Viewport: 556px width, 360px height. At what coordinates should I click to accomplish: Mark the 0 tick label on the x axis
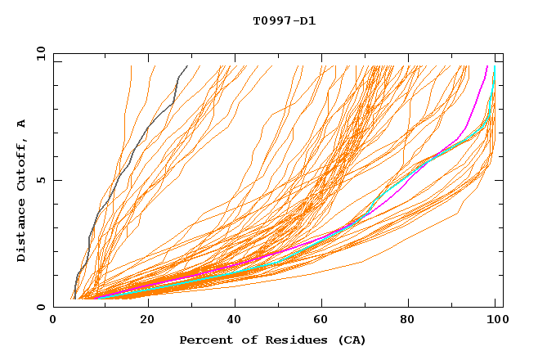tap(54, 320)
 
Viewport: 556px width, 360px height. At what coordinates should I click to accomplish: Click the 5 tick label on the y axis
tap(39, 180)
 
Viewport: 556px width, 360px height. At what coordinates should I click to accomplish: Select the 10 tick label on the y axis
tap(38, 54)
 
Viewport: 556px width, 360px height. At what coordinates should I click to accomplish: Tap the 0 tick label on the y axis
tap(39, 307)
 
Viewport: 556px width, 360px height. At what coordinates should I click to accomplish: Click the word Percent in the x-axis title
tap(202, 340)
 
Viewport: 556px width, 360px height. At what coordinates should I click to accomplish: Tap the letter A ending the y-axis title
tap(22, 124)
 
